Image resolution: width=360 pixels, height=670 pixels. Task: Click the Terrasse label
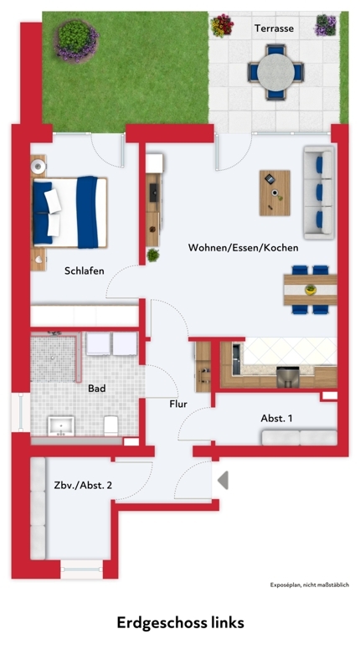coord(274,28)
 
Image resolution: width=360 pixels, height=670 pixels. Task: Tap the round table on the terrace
coord(275,72)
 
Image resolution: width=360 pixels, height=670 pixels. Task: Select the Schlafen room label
coord(84,271)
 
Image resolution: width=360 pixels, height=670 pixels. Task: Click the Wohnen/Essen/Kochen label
coord(243,247)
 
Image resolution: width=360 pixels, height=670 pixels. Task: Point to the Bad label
coord(96,389)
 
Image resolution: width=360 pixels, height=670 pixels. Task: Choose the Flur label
coord(178,404)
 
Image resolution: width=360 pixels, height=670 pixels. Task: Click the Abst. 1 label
coord(276,418)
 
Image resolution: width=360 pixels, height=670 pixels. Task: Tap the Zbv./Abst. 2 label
coord(83,485)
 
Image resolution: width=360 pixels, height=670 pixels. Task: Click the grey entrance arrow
coord(223,480)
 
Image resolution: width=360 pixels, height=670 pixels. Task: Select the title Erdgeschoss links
coord(180,622)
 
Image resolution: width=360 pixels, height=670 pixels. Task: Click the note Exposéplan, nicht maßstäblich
coord(309,585)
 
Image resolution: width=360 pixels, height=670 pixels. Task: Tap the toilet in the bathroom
coord(111,425)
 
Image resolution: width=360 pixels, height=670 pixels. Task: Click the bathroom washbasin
coord(61,426)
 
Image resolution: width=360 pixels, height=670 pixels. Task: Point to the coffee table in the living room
coord(275,193)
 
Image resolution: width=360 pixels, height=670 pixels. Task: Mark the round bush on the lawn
coord(76,39)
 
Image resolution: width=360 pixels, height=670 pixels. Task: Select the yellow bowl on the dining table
coord(311,290)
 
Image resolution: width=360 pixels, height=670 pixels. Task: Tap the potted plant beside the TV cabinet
coord(152,255)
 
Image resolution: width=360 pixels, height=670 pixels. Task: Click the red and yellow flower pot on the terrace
coord(222,26)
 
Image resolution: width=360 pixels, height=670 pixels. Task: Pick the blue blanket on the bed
coord(88,212)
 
